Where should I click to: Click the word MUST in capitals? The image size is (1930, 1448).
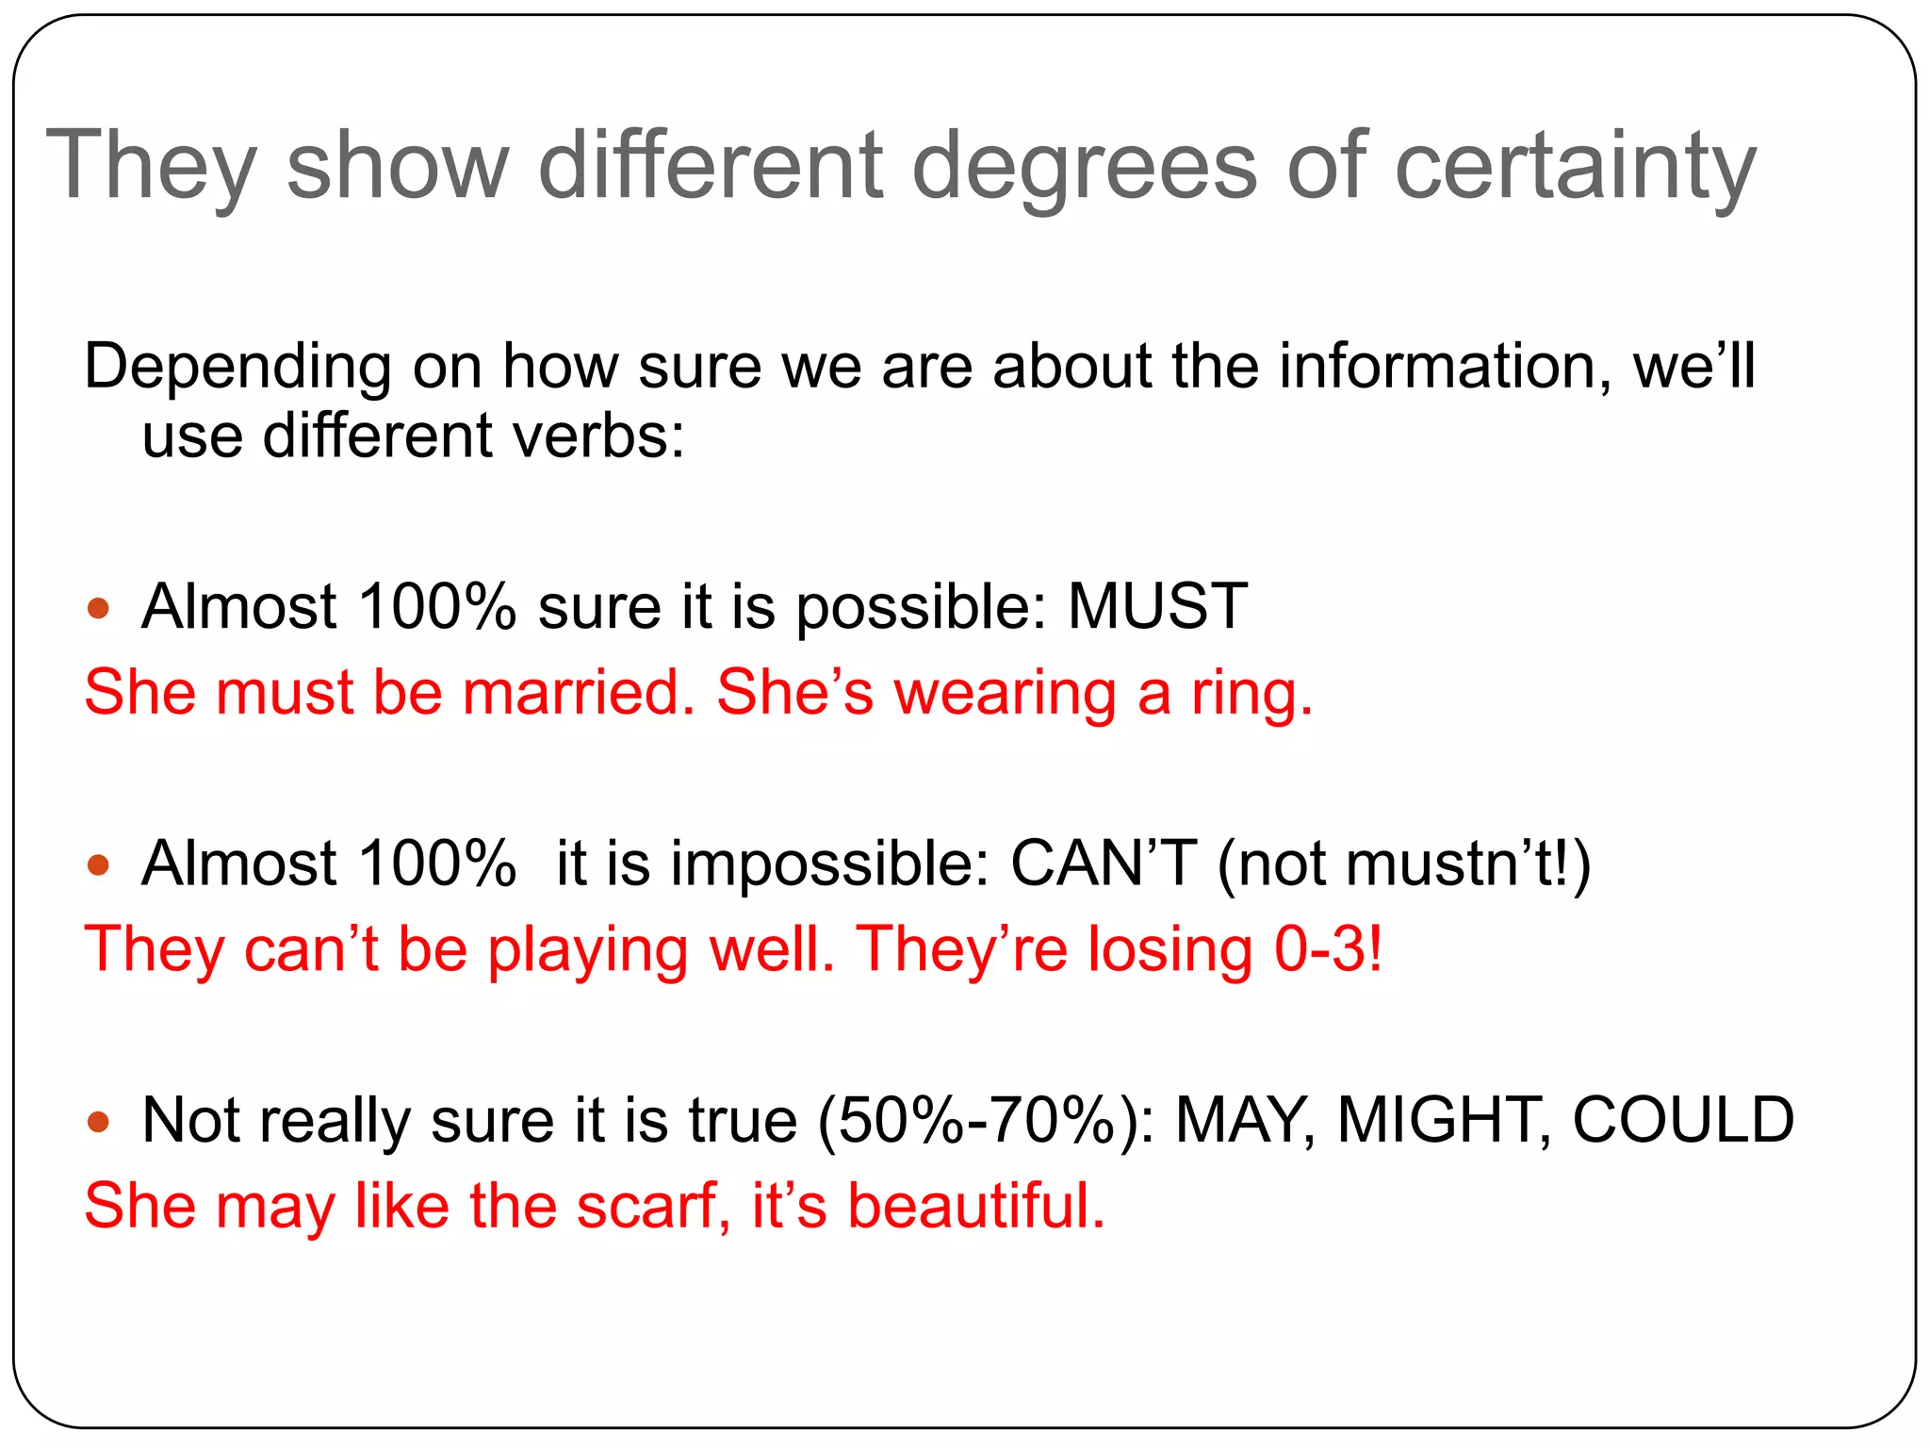tap(1157, 606)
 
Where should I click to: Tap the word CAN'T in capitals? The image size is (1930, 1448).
tap(1104, 864)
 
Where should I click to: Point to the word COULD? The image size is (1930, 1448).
tap(1683, 1120)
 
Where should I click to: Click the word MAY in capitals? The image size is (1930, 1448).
tap(1244, 1120)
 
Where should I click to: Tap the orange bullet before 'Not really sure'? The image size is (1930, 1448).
tap(98, 1122)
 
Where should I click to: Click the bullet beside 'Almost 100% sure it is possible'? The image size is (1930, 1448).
tap(98, 608)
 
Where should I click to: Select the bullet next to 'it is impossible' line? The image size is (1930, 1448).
tap(98, 864)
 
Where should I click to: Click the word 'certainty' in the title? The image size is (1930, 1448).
tap(1575, 168)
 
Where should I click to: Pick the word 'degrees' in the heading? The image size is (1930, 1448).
tap(1084, 168)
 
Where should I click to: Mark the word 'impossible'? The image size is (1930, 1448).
tap(829, 864)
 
